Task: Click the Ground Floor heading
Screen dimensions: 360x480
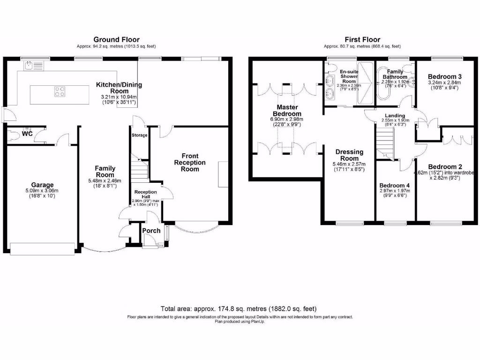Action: click(116, 40)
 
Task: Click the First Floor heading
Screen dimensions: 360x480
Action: click(362, 40)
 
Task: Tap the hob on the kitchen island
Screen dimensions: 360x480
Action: click(60, 91)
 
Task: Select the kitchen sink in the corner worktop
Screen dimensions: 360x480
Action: click(29, 66)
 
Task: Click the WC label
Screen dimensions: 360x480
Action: click(27, 134)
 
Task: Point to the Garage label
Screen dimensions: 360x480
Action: click(42, 185)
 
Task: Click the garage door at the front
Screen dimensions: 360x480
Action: click(42, 248)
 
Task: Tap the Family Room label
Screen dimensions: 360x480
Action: click(105, 171)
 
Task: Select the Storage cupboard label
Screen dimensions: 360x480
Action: click(139, 135)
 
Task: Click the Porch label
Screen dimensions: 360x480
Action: click(151, 230)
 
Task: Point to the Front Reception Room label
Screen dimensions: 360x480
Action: click(190, 162)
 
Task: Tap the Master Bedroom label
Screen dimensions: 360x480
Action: click(287, 110)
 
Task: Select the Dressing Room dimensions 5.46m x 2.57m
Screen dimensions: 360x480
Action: click(349, 165)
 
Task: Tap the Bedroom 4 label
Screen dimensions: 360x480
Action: click(394, 185)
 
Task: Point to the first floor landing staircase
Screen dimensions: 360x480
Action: click(385, 143)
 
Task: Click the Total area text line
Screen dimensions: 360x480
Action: click(239, 309)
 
